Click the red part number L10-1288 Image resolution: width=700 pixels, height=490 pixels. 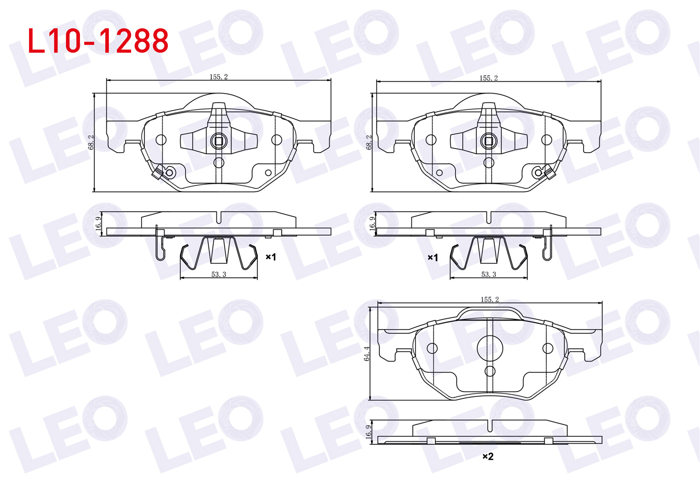click(98, 41)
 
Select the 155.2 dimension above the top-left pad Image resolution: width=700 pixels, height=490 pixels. click(218, 76)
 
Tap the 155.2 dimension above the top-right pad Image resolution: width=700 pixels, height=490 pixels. click(488, 78)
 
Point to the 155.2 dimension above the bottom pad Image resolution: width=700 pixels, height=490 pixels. click(489, 299)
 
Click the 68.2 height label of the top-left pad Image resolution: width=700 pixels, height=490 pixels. click(91, 142)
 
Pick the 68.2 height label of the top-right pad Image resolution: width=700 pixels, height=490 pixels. click(369, 142)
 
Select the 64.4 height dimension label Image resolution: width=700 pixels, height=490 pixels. click(366, 354)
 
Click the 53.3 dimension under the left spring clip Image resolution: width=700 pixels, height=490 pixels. click(218, 274)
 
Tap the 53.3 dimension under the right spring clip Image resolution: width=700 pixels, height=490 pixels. click(488, 274)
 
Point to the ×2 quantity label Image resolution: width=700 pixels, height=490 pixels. click(488, 456)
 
